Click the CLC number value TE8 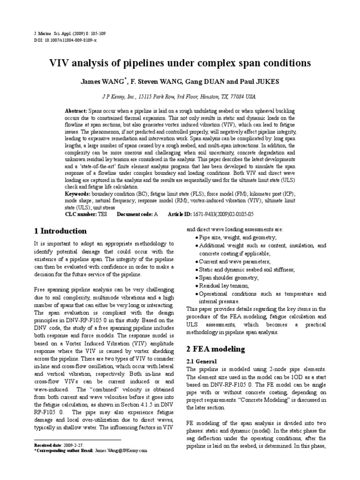click(102, 214)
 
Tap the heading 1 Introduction click(60, 231)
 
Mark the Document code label click(134, 214)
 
